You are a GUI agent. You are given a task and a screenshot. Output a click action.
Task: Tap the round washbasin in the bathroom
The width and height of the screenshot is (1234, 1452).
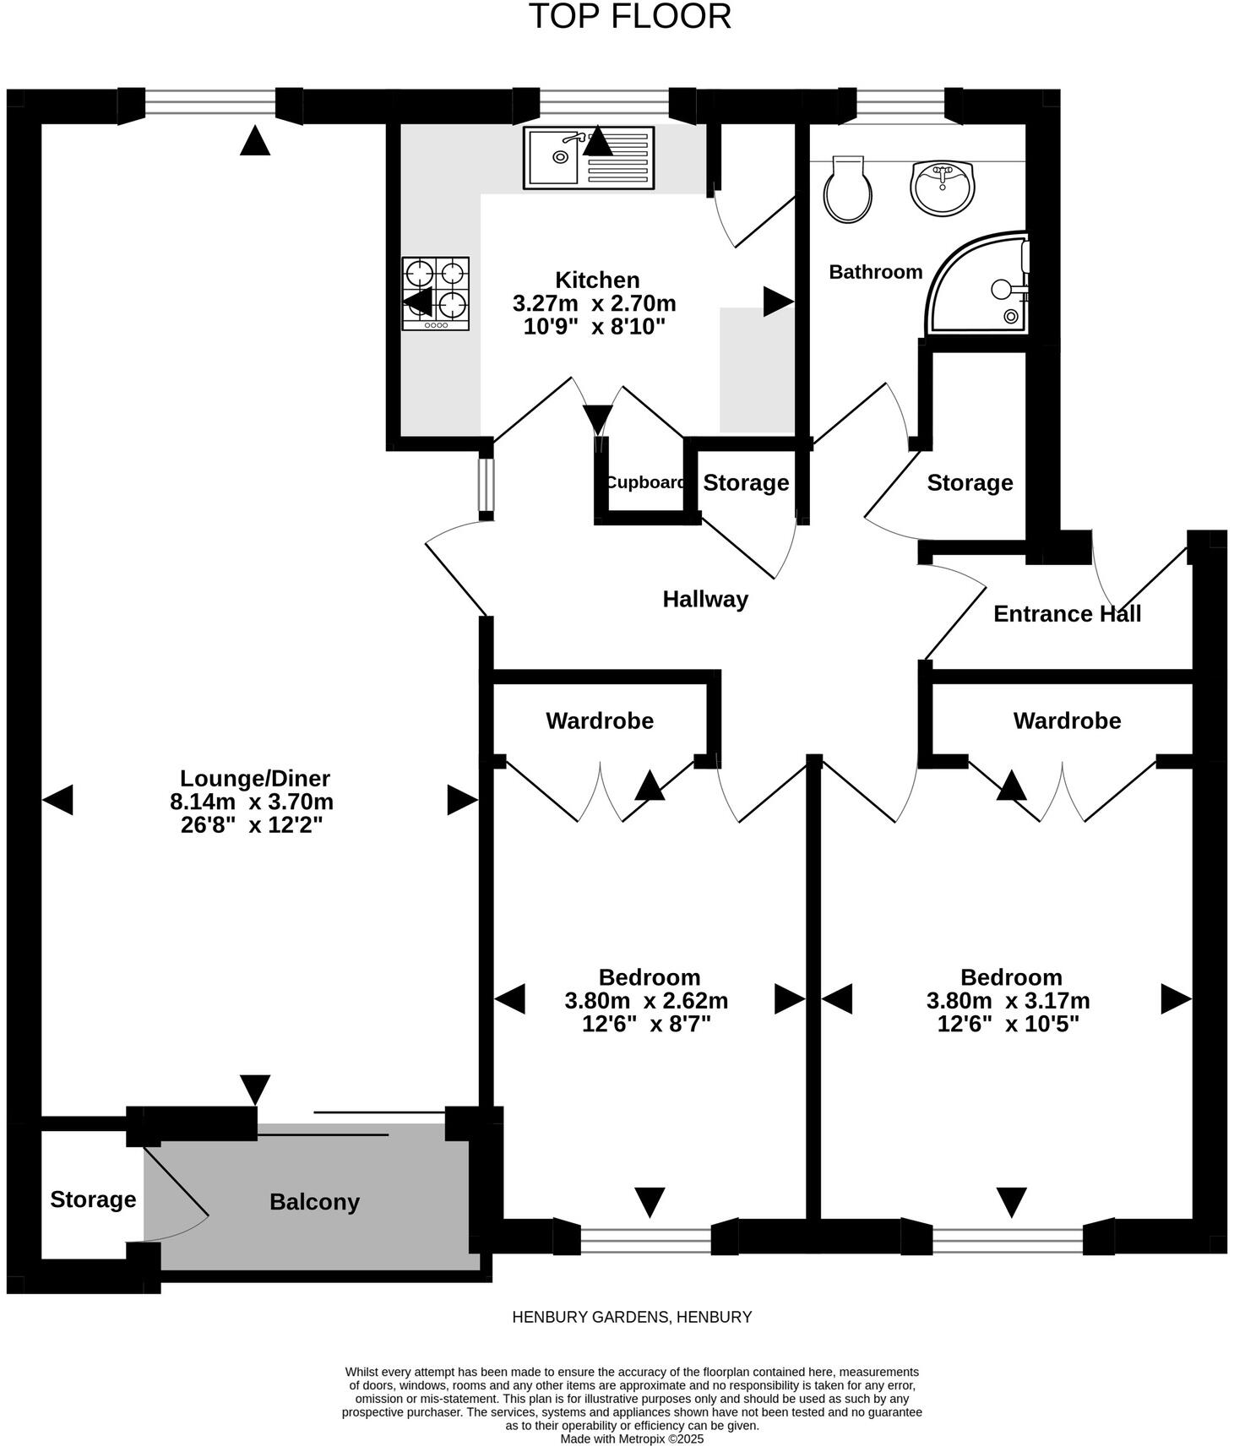click(942, 188)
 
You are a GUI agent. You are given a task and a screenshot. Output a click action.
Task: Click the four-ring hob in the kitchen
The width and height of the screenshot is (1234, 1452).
click(435, 293)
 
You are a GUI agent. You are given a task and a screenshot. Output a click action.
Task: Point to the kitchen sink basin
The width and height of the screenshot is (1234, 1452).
click(552, 157)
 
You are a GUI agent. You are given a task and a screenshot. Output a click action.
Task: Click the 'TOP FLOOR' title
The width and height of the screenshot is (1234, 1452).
click(629, 17)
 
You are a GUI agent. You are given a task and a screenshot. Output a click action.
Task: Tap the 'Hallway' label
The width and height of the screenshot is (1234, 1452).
click(705, 599)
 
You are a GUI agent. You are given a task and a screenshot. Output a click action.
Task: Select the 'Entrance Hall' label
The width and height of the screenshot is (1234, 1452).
click(1067, 614)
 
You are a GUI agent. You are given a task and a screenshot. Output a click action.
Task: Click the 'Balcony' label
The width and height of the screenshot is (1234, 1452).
click(314, 1202)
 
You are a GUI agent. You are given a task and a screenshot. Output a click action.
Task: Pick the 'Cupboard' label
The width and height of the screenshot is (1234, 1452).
click(645, 482)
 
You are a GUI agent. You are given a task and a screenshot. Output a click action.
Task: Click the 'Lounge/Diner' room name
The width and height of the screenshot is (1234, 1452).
click(255, 778)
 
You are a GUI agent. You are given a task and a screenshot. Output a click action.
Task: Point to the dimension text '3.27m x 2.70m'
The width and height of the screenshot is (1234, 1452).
click(595, 303)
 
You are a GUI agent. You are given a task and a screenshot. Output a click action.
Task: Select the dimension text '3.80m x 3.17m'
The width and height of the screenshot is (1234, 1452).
click(1008, 1001)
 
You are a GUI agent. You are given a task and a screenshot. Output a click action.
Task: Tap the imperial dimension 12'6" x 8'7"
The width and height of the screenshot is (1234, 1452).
click(647, 1025)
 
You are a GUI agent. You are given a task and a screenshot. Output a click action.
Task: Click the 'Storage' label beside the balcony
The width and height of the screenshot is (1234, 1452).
click(93, 1199)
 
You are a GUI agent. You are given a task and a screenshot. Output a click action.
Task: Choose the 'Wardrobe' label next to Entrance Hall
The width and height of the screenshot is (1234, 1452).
click(1067, 721)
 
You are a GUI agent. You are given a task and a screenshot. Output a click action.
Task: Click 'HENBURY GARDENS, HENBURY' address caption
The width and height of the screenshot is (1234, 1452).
click(632, 1317)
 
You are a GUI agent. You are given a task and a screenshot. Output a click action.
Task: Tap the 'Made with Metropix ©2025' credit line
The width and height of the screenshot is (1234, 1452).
click(632, 1438)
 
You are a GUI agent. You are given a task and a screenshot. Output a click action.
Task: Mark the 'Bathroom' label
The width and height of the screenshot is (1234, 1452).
click(876, 272)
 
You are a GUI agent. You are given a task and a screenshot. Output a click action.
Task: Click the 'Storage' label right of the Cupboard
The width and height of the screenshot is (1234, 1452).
click(746, 482)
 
